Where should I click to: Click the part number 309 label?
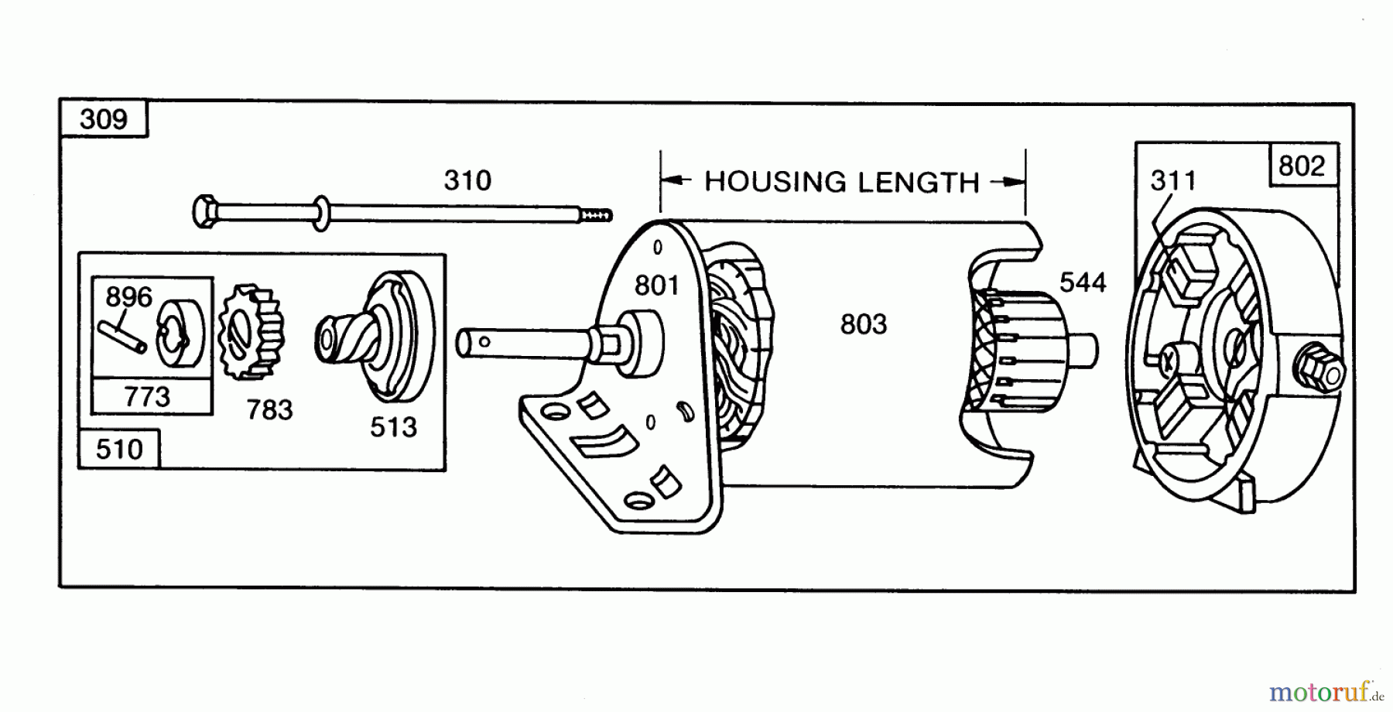pyautogui.click(x=104, y=119)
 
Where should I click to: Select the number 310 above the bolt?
pyautogui.click(x=467, y=180)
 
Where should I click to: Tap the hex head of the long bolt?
pyautogui.click(x=205, y=211)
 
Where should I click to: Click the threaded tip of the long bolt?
pyautogui.click(x=596, y=214)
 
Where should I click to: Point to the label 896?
pyautogui.click(x=129, y=296)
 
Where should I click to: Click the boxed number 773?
pyautogui.click(x=147, y=397)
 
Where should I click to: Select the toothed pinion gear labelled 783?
pyautogui.click(x=252, y=332)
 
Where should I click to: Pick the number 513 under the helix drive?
pyautogui.click(x=393, y=426)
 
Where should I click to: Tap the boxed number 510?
pyautogui.click(x=119, y=450)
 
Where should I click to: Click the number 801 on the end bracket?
pyautogui.click(x=657, y=286)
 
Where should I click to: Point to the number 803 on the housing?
pyautogui.click(x=864, y=324)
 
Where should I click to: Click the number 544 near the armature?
pyautogui.click(x=1083, y=282)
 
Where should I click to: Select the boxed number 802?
pyautogui.click(x=1302, y=166)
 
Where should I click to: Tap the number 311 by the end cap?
pyautogui.click(x=1173, y=180)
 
